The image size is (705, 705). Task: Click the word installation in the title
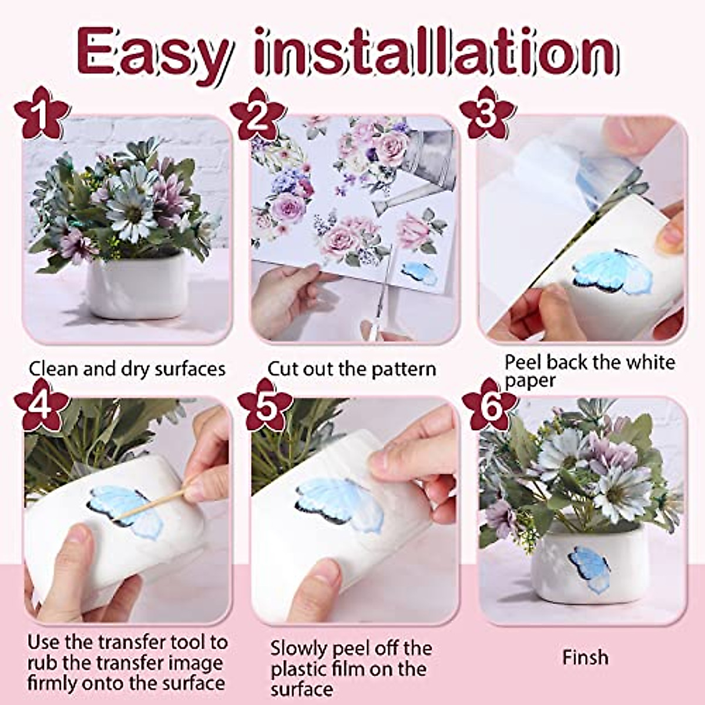[438, 53]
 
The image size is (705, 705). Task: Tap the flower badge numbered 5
[265, 405]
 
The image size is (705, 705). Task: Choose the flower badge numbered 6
[490, 405]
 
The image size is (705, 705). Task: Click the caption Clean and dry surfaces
[127, 369]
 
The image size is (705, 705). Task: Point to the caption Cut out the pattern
[351, 369]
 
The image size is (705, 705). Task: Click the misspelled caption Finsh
[585, 657]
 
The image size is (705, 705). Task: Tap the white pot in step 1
[136, 286]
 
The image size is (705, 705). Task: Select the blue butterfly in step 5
[341, 499]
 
